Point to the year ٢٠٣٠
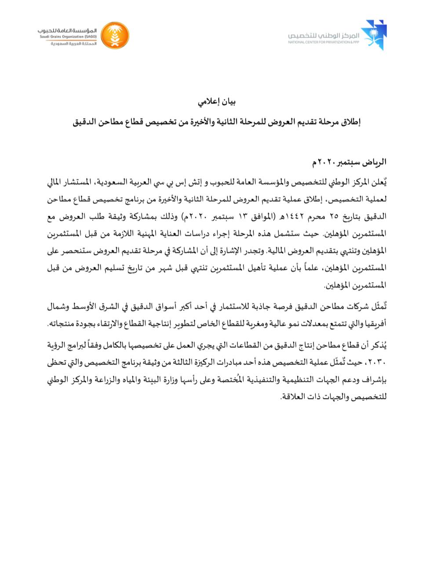(x=378, y=364)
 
